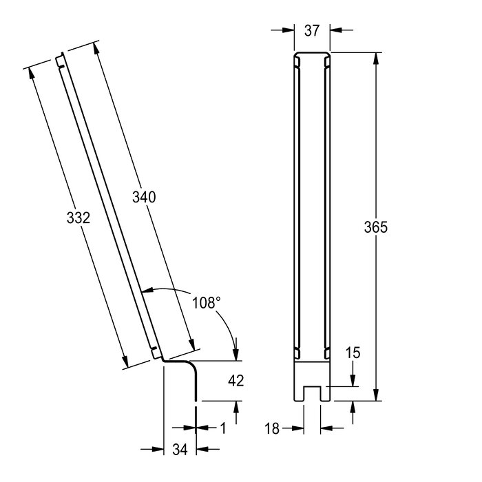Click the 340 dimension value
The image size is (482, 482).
[144, 197]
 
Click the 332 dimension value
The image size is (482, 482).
[78, 218]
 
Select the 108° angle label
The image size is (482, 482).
[207, 303]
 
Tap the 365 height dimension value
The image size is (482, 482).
[376, 227]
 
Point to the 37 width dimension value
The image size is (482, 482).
[312, 31]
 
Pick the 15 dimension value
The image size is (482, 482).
[353, 353]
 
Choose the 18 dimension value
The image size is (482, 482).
[272, 428]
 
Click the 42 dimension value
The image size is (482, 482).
[235, 381]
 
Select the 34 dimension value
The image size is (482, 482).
[180, 450]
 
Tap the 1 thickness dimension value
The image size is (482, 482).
[224, 428]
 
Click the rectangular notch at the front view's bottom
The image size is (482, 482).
[312, 393]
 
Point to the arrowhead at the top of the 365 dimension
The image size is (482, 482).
[376, 59]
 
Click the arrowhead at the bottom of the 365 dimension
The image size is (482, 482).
[376, 395]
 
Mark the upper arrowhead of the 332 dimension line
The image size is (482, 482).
[31, 72]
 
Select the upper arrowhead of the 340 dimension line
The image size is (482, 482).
[95, 49]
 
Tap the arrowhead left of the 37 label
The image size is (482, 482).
[289, 30]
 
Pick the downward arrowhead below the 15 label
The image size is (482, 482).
[353, 380]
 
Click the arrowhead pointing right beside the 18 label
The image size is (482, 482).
[298, 428]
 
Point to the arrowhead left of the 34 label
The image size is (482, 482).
[158, 449]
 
